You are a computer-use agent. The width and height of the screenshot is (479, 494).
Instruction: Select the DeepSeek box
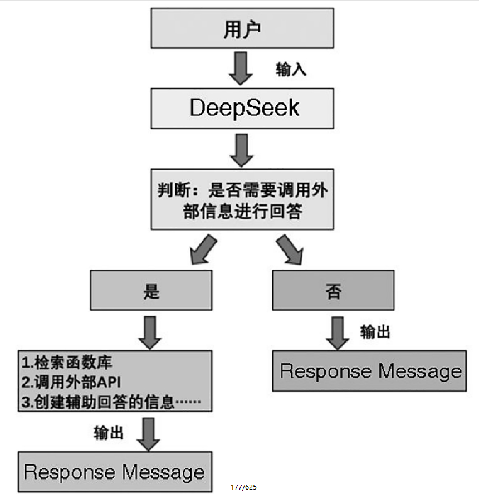click(242, 107)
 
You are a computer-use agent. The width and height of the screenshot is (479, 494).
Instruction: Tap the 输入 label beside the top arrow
click(291, 70)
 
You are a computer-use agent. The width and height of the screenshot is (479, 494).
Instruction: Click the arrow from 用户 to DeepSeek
click(241, 68)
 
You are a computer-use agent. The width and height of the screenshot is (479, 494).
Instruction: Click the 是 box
click(151, 291)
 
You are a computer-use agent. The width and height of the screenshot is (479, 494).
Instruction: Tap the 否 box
click(333, 291)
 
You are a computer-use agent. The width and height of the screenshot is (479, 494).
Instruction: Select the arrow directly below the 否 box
click(338, 332)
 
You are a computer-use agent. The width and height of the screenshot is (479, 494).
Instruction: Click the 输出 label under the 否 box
click(375, 332)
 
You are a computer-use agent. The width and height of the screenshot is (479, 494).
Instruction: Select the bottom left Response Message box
click(115, 472)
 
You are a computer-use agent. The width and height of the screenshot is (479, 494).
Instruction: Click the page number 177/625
click(243, 487)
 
